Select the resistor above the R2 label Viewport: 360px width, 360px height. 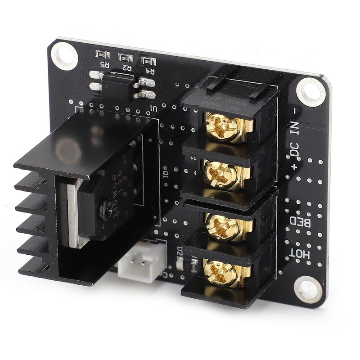click(x=126, y=58)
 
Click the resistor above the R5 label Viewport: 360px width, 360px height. click(x=103, y=54)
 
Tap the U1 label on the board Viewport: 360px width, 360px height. click(x=153, y=109)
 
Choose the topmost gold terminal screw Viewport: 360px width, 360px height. click(x=224, y=126)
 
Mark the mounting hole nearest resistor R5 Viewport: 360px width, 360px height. click(x=64, y=55)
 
